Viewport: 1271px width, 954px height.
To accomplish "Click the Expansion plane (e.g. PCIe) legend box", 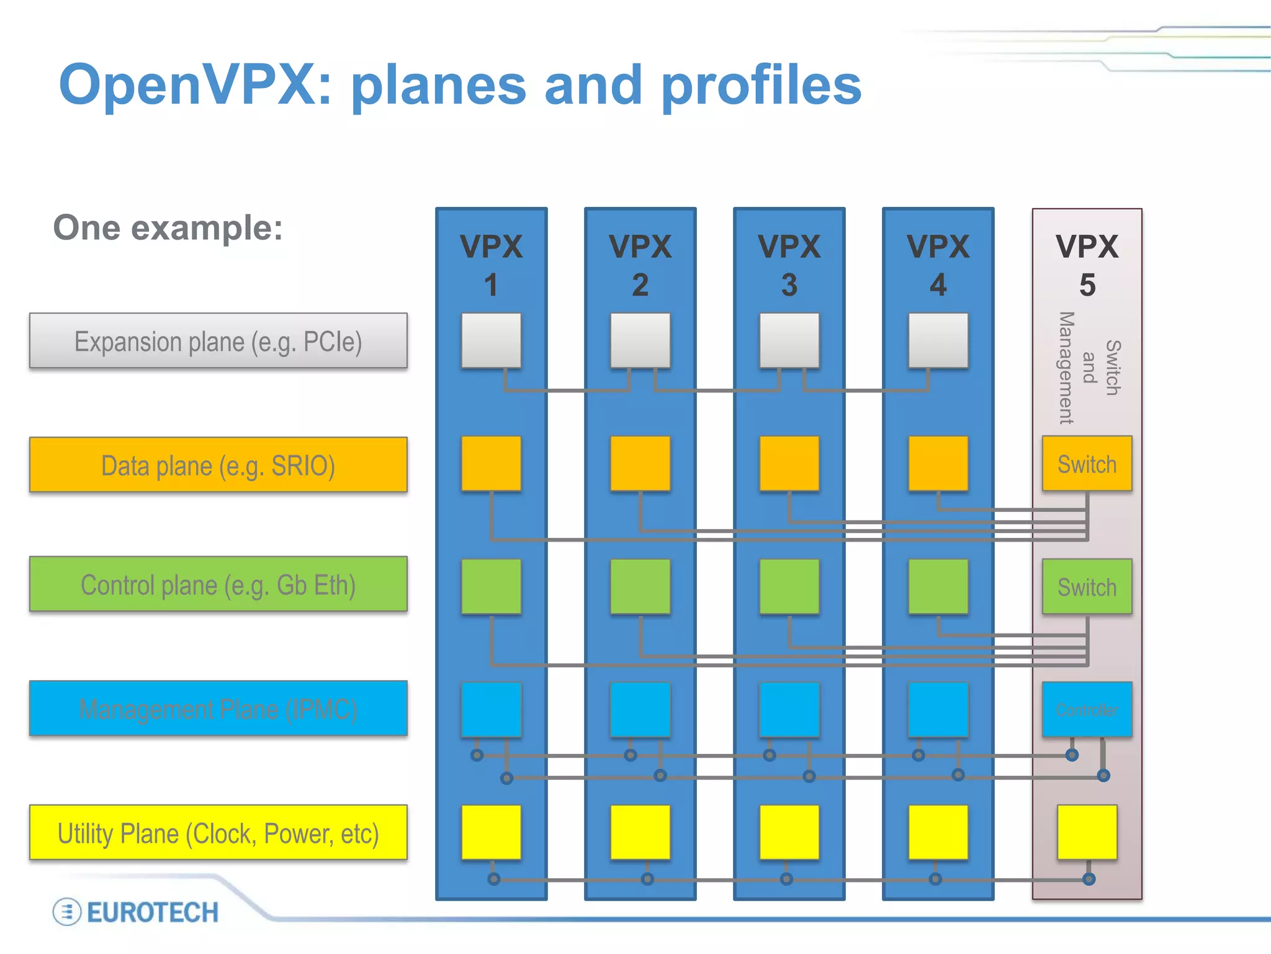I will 218,341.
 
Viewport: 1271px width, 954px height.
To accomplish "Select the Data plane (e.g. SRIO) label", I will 218,465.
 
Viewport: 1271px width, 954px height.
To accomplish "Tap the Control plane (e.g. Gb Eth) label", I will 218,584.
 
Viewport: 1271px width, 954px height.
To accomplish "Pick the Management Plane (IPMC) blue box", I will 218,709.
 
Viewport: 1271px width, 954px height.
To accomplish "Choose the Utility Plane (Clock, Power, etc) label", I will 218,833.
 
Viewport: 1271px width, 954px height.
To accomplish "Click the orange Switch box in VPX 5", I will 1087,464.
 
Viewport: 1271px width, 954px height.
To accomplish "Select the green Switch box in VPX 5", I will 1087,587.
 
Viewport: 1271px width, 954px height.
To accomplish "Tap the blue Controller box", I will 1087,710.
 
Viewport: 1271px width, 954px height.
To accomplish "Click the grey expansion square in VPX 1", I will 491,340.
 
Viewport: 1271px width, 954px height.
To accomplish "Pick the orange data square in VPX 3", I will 789,463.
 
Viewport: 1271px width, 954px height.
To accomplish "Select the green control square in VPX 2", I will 640,586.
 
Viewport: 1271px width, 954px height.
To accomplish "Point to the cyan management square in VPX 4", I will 938,709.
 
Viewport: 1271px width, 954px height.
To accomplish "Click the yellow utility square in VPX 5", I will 1087,832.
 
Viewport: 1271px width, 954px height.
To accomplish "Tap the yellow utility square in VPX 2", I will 640,832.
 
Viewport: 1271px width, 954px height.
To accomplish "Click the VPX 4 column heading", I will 938,265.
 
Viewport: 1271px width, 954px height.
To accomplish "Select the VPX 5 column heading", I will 1087,265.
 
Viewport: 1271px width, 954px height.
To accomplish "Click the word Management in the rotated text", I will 1066,368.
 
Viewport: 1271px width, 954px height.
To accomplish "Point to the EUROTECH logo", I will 136,912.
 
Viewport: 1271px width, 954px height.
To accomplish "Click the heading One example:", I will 168,228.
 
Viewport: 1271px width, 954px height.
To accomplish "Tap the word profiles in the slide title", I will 761,85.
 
